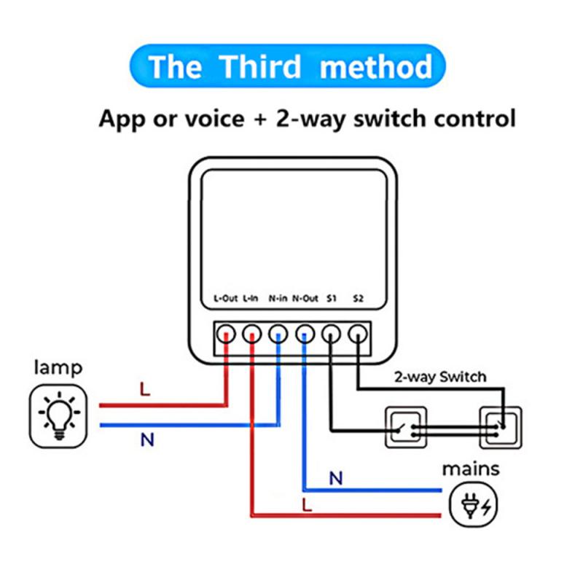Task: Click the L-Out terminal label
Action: (x=224, y=299)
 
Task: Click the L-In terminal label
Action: (x=251, y=299)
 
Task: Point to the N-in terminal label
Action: (x=278, y=299)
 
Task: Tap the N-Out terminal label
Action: (x=305, y=299)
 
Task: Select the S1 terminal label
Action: (x=332, y=299)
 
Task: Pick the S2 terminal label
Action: (x=358, y=299)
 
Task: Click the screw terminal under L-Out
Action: (x=226, y=334)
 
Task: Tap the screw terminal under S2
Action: (x=357, y=334)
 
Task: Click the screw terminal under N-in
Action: (x=278, y=334)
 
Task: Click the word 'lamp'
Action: (x=58, y=368)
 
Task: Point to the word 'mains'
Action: (x=471, y=468)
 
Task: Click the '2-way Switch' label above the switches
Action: (x=439, y=377)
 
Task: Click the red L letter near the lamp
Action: (x=145, y=389)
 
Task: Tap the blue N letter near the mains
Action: (x=335, y=478)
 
